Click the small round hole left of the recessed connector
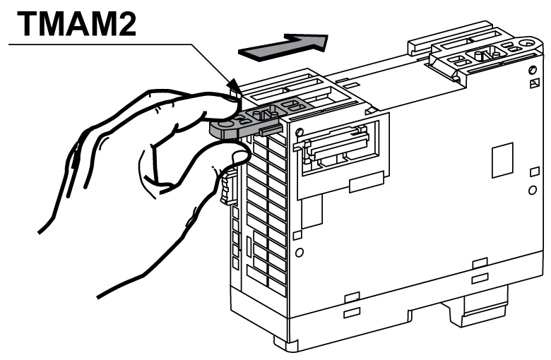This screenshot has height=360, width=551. coord(300,132)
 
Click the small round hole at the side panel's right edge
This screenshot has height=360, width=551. coord(532,191)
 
